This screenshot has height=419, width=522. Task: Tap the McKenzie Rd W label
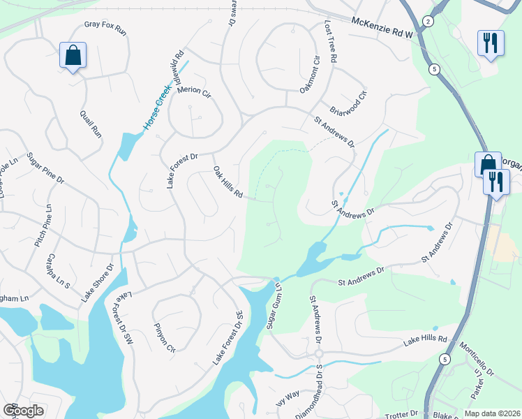[382, 28]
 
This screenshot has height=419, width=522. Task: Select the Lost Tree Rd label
[331, 42]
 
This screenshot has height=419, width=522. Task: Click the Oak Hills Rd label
[228, 182]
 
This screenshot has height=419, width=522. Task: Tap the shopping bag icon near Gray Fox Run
[73, 55]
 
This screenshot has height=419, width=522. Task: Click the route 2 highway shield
[428, 22]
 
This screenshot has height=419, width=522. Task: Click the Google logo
[23, 411]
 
